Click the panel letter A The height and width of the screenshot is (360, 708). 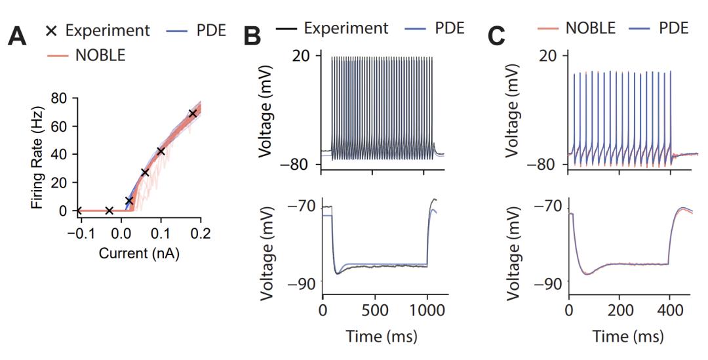point(17,37)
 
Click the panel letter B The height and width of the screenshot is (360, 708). point(252,37)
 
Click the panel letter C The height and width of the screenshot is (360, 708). point(498,37)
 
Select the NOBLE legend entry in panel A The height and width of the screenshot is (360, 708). point(100,56)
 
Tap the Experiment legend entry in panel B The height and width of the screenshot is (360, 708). point(346,29)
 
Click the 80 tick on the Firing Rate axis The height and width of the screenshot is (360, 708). point(60,98)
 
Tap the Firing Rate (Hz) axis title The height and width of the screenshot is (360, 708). point(38,154)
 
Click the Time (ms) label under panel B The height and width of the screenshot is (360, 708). point(374,337)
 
